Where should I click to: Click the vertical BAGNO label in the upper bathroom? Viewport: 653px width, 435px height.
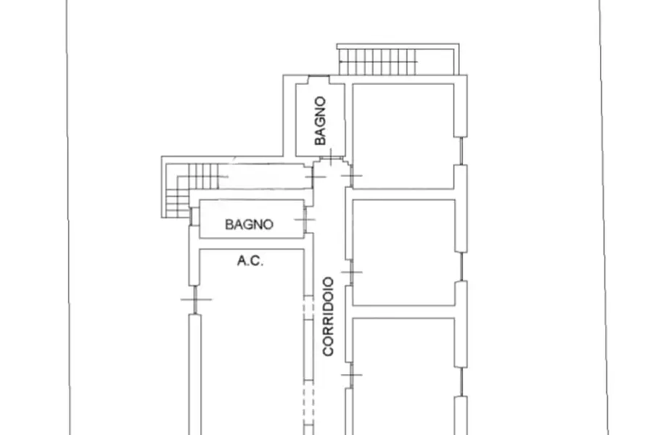coord(320,121)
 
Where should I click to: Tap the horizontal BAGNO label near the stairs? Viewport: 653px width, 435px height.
coord(249,224)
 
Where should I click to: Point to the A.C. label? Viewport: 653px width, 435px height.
coord(250,260)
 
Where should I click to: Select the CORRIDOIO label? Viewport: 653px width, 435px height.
coord(328,316)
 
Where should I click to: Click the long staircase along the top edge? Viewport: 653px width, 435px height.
coord(378,62)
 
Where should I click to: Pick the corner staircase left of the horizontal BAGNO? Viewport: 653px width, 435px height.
coord(184,190)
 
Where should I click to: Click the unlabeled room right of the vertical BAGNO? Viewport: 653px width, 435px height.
coord(403,136)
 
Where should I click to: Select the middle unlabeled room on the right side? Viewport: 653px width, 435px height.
coord(403,252)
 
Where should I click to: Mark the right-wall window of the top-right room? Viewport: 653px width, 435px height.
coord(461,151)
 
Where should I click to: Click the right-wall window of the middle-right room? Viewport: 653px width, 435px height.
coord(461,266)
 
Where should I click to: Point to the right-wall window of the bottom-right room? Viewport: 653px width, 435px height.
coord(461,382)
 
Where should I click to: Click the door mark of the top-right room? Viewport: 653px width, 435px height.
coord(351,175)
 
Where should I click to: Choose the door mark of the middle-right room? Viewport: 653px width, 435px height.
coord(351,273)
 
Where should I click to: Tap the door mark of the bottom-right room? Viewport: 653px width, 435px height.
coord(351,375)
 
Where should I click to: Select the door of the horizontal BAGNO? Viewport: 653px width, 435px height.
coord(305,219)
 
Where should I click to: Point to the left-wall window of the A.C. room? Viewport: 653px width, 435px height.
coord(195,299)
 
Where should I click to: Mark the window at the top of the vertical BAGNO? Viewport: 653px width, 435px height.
coord(319,80)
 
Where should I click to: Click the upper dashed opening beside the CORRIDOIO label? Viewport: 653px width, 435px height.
coord(308,307)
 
